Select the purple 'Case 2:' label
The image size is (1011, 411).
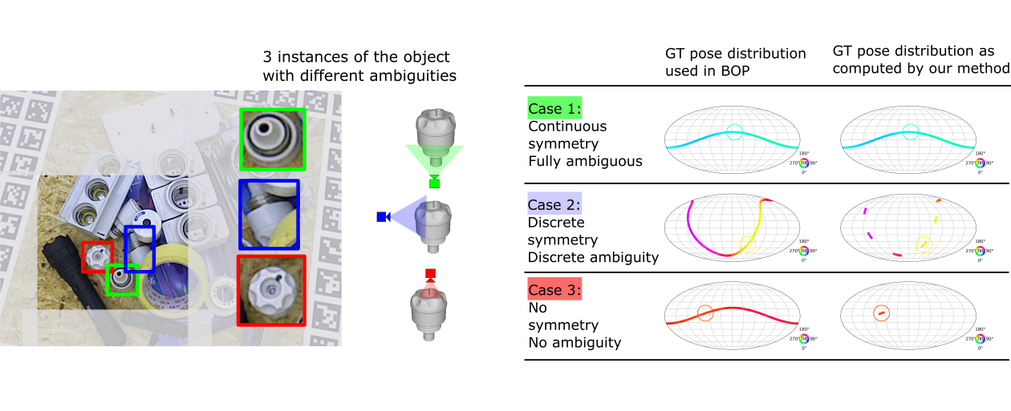pyautogui.click(x=554, y=205)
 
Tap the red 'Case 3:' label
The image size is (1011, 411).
pyautogui.click(x=555, y=290)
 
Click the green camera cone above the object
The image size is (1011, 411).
pyautogui.click(x=434, y=157)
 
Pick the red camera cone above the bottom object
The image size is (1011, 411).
pyautogui.click(x=431, y=282)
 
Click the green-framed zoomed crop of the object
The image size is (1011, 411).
pyautogui.click(x=272, y=139)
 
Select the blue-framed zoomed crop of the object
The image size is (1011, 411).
pyautogui.click(x=269, y=214)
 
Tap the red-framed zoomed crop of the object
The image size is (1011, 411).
pyautogui.click(x=271, y=289)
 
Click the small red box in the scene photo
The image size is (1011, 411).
pyautogui.click(x=98, y=256)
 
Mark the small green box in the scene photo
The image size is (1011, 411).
pyautogui.click(x=123, y=280)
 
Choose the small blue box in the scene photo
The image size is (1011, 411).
pyautogui.click(x=140, y=249)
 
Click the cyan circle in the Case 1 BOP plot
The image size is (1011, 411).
pyautogui.click(x=734, y=132)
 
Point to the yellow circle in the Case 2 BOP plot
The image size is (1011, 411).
pyautogui.click(x=747, y=243)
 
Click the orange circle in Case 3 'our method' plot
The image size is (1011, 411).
pyautogui.click(x=881, y=312)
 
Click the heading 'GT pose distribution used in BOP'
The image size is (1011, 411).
pyautogui.click(x=735, y=62)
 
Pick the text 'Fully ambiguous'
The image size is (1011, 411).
pyautogui.click(x=585, y=161)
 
